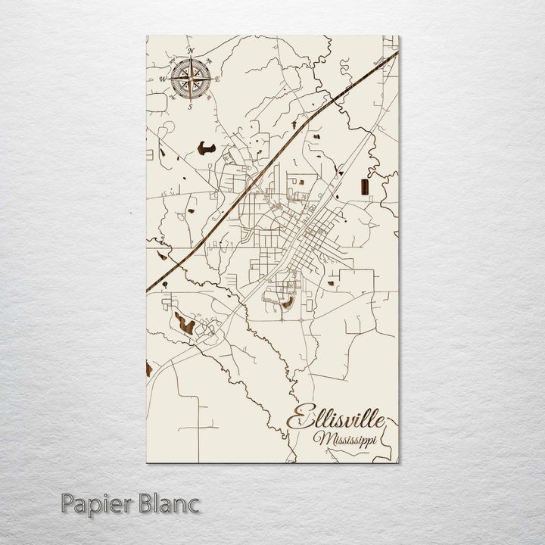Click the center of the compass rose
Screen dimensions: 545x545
tap(191, 78)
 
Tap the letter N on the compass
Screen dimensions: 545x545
tap(191, 51)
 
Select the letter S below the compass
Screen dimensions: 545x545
tap(191, 106)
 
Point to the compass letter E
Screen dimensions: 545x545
tap(218, 79)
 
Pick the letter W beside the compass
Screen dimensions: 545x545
tap(163, 79)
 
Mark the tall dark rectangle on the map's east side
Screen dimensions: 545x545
tap(365, 188)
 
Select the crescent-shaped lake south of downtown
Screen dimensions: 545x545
tap(288, 304)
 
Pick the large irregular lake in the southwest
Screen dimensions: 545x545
tap(184, 324)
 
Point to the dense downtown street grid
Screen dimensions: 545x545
tap(306, 242)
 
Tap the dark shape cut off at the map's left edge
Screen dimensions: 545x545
tap(148, 369)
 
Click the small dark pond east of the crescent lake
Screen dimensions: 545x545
tap(331, 284)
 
